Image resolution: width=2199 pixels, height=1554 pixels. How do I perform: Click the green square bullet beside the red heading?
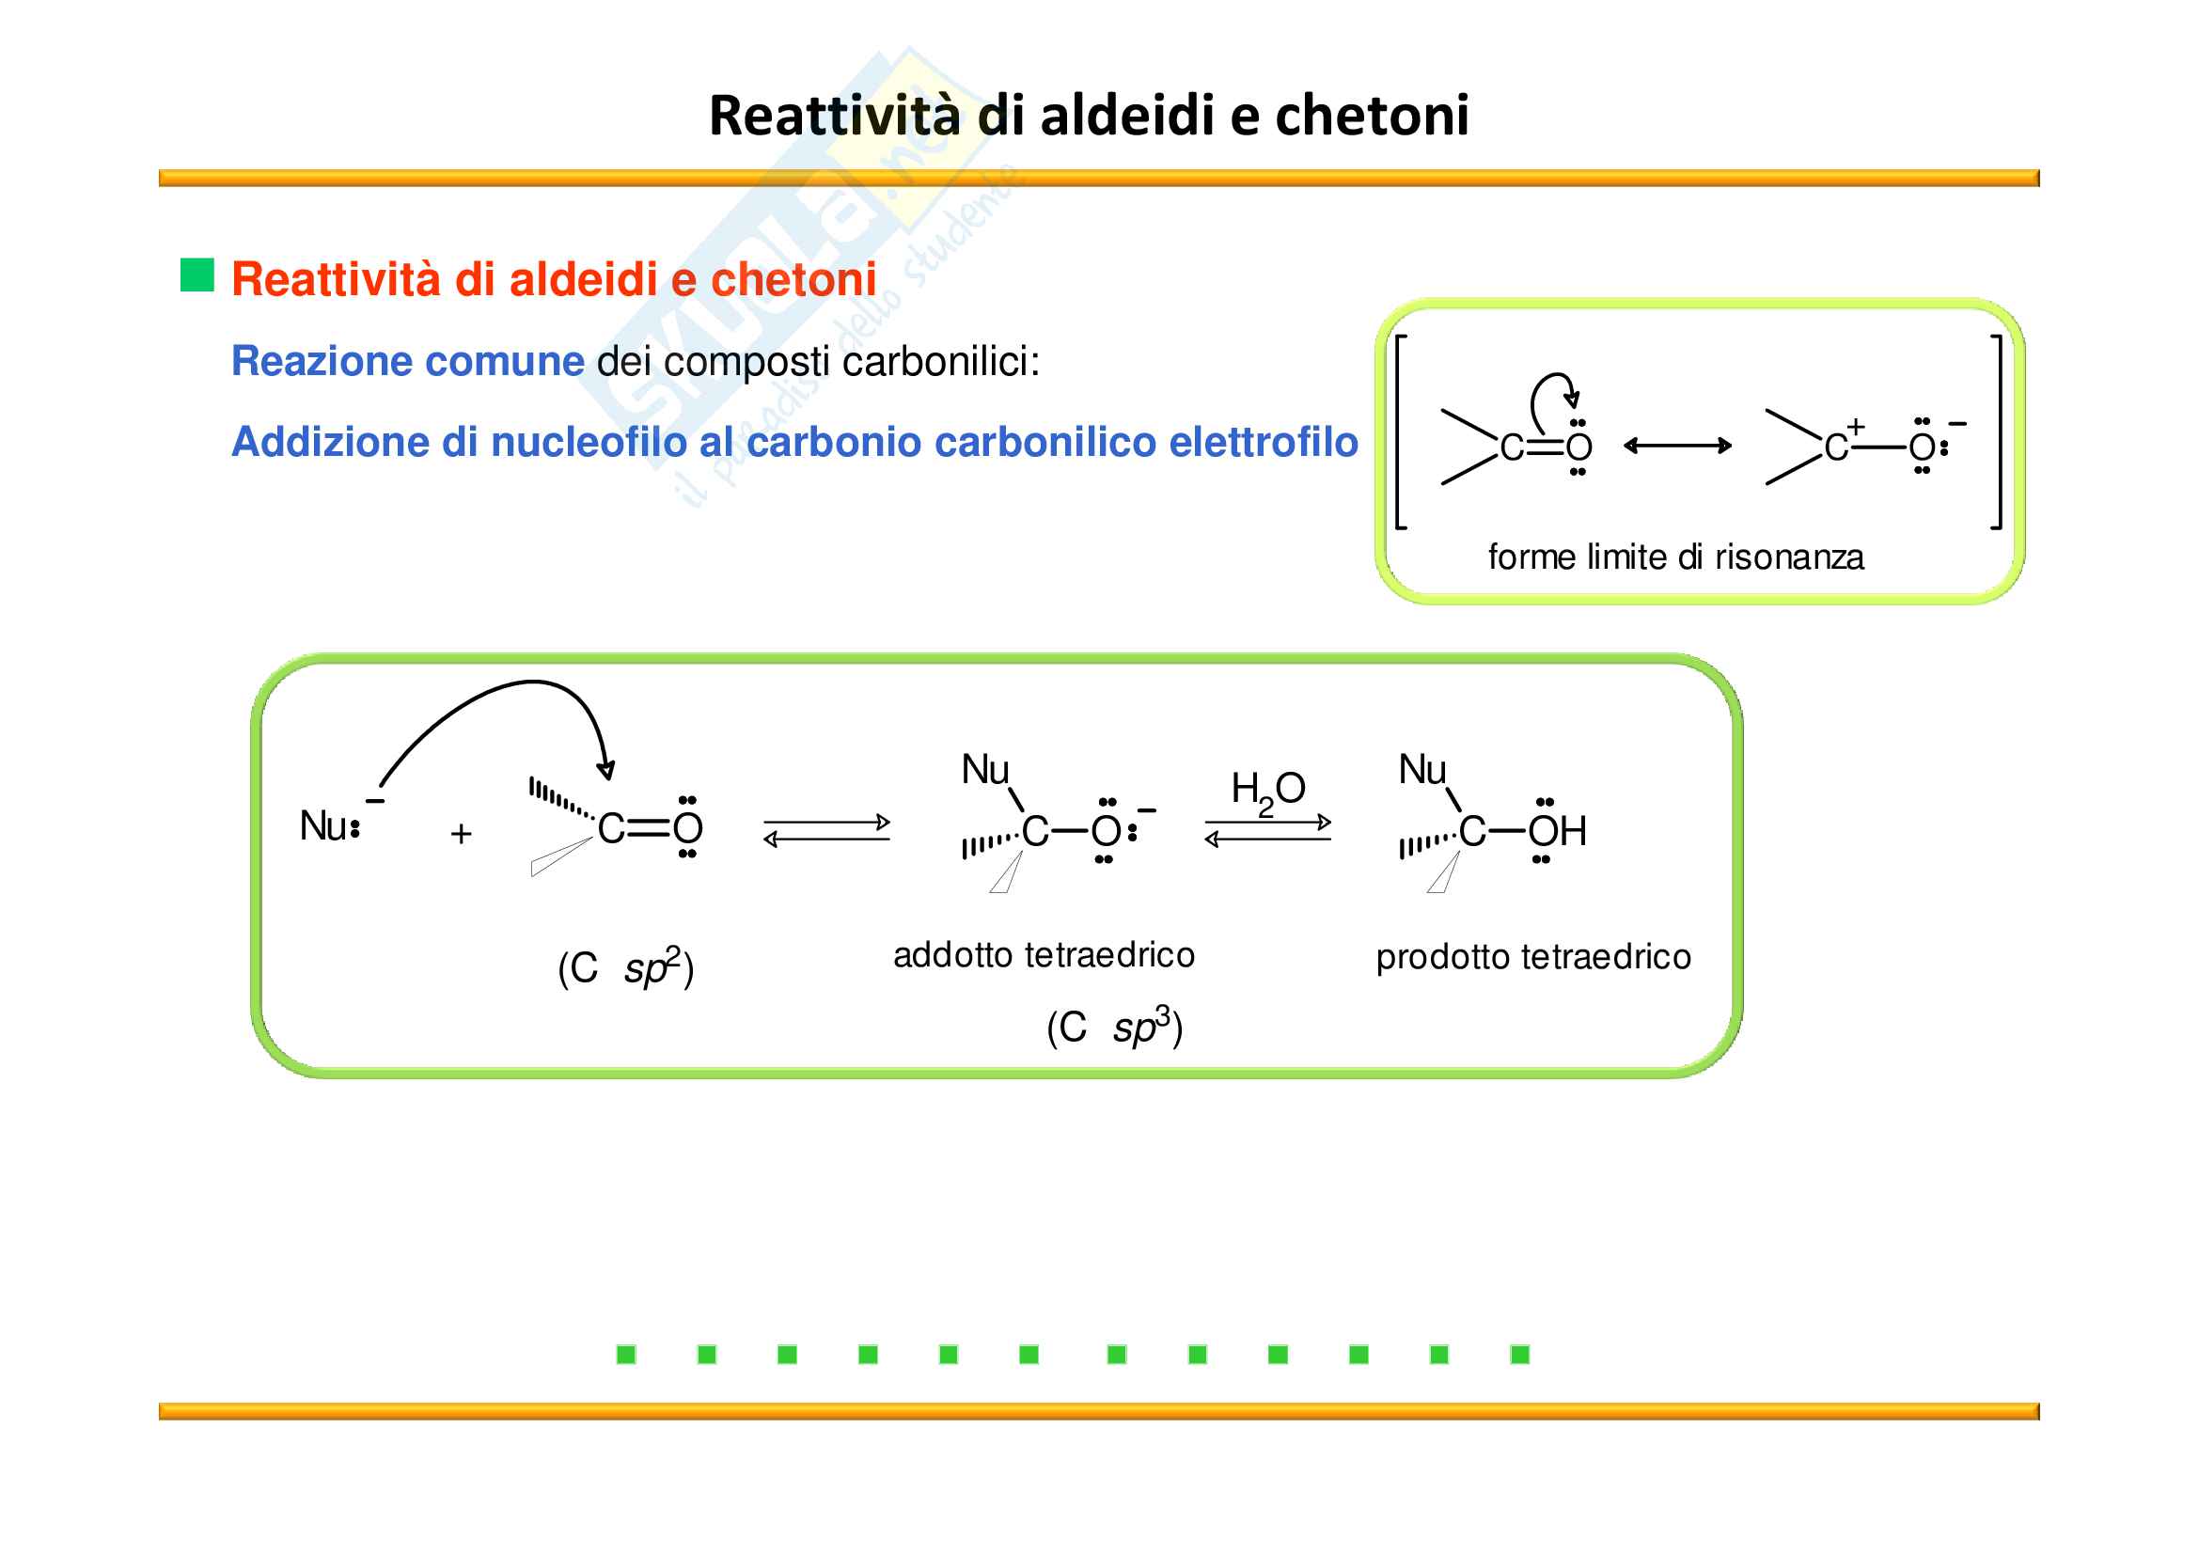(x=197, y=275)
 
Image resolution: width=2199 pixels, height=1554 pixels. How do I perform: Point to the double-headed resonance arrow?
(x=1677, y=446)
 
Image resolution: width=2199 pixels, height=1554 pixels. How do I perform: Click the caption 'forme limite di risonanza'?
(x=1675, y=557)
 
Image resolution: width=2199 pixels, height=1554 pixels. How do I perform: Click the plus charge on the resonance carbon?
(x=1855, y=426)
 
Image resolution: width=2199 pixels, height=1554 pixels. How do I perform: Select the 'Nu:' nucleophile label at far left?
(x=329, y=826)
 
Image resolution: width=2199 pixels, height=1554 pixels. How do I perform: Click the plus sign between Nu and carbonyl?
(x=461, y=834)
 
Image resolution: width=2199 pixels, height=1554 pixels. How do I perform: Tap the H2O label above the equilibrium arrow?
(x=1267, y=791)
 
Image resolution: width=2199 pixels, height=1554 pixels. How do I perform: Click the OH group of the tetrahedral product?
(x=1556, y=831)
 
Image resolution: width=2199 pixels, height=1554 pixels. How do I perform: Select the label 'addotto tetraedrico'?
(x=1043, y=955)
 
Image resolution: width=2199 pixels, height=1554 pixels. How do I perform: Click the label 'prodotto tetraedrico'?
(x=1532, y=957)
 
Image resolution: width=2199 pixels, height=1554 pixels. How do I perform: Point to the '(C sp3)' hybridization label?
(x=1114, y=1028)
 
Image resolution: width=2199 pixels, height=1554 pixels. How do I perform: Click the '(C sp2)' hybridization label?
(x=625, y=968)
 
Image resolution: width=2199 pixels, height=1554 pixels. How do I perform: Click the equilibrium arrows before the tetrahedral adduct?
(x=826, y=830)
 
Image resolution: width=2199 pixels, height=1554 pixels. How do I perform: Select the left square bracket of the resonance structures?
(x=1400, y=432)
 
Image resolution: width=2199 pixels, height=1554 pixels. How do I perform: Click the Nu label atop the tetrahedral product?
(x=1422, y=770)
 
